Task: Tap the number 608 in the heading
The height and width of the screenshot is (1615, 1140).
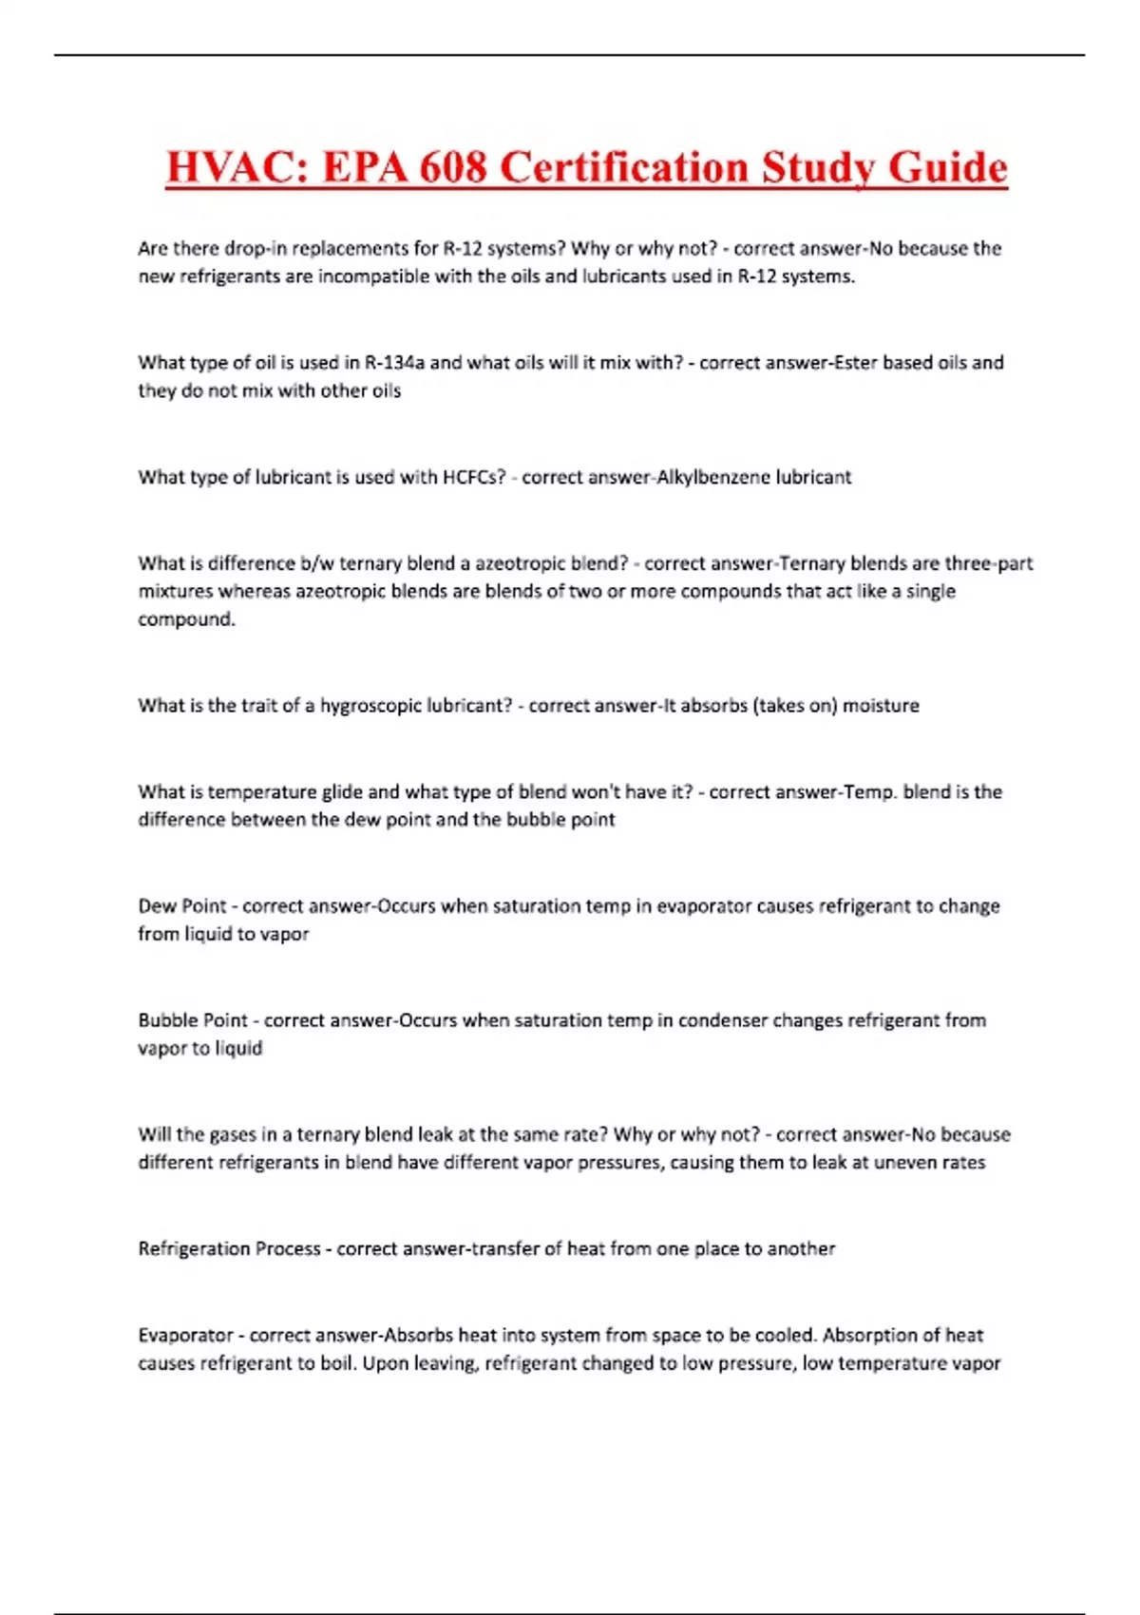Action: pos(453,168)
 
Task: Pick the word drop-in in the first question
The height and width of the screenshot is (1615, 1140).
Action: pos(256,249)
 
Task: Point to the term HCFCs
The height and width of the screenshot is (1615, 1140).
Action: pos(474,477)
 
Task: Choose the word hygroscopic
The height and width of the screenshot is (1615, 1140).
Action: pos(370,706)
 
